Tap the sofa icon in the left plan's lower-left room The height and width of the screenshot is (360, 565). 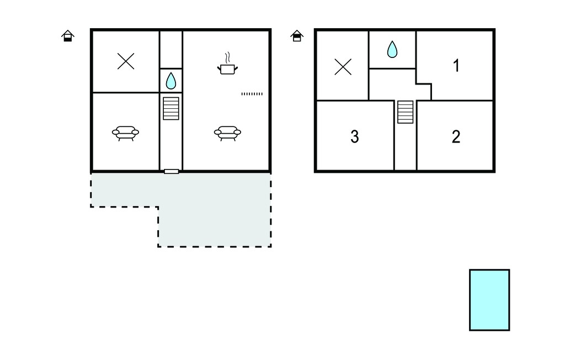click(125, 133)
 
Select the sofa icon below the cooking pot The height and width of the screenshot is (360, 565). click(227, 133)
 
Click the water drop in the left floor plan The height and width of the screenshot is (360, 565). click(171, 81)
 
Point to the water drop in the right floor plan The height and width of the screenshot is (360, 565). click(392, 50)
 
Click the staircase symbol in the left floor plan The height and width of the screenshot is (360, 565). click(171, 108)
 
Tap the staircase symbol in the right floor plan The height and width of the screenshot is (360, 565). click(406, 112)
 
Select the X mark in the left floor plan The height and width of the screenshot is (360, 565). click(126, 61)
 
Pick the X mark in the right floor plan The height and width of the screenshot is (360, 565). click(343, 67)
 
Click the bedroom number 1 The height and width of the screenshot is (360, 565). click(456, 66)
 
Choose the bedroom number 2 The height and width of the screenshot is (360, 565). click(456, 137)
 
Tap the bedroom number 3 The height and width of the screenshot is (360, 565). click(355, 137)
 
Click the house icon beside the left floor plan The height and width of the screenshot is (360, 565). click(68, 36)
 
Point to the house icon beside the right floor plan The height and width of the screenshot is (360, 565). click(297, 36)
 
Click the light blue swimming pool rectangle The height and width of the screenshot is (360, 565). click(489, 300)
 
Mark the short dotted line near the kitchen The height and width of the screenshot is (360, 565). click(252, 94)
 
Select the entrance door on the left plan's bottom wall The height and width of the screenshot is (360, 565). click(172, 171)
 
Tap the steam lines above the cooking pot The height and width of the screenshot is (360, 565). click(227, 58)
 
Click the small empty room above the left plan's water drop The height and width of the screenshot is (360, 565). click(171, 50)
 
